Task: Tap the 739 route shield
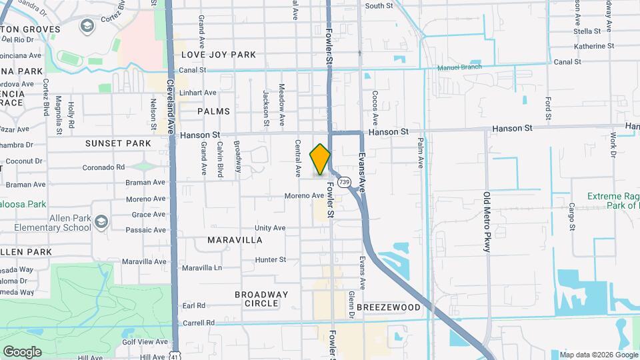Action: point(344,181)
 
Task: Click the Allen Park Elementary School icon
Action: point(101,221)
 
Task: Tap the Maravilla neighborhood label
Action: point(235,239)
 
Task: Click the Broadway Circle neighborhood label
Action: point(261,299)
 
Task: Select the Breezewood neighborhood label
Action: point(389,307)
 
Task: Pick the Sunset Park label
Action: point(118,143)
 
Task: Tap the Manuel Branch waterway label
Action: point(459,68)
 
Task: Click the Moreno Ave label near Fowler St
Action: point(304,196)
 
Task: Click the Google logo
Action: point(22,351)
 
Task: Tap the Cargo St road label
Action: point(572,213)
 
